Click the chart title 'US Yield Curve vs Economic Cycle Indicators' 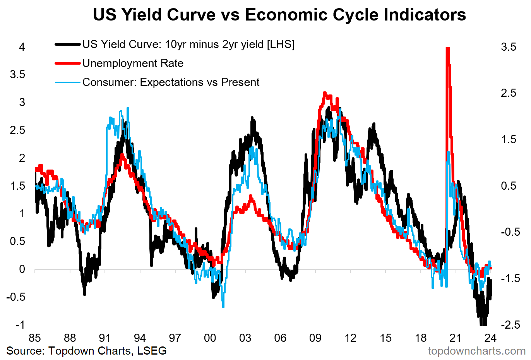pos(279,15)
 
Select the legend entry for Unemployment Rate pos(133,63)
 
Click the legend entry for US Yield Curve pos(188,45)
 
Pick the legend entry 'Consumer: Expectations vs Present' pos(171,82)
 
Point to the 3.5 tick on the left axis pos(17,74)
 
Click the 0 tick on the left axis pos(22,269)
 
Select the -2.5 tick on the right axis pos(508,325)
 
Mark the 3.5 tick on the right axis pos(508,47)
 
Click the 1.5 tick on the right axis pos(508,139)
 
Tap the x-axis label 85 pos(35,338)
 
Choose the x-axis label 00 pos(210,338)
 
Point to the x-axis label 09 pos(315,338)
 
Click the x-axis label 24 pos(490,338)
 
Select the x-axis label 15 pos(385,338)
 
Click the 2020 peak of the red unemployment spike pos(448,48)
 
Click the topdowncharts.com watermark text pos(476,351)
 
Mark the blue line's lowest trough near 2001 pos(223,307)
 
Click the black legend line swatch pos(68,45)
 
